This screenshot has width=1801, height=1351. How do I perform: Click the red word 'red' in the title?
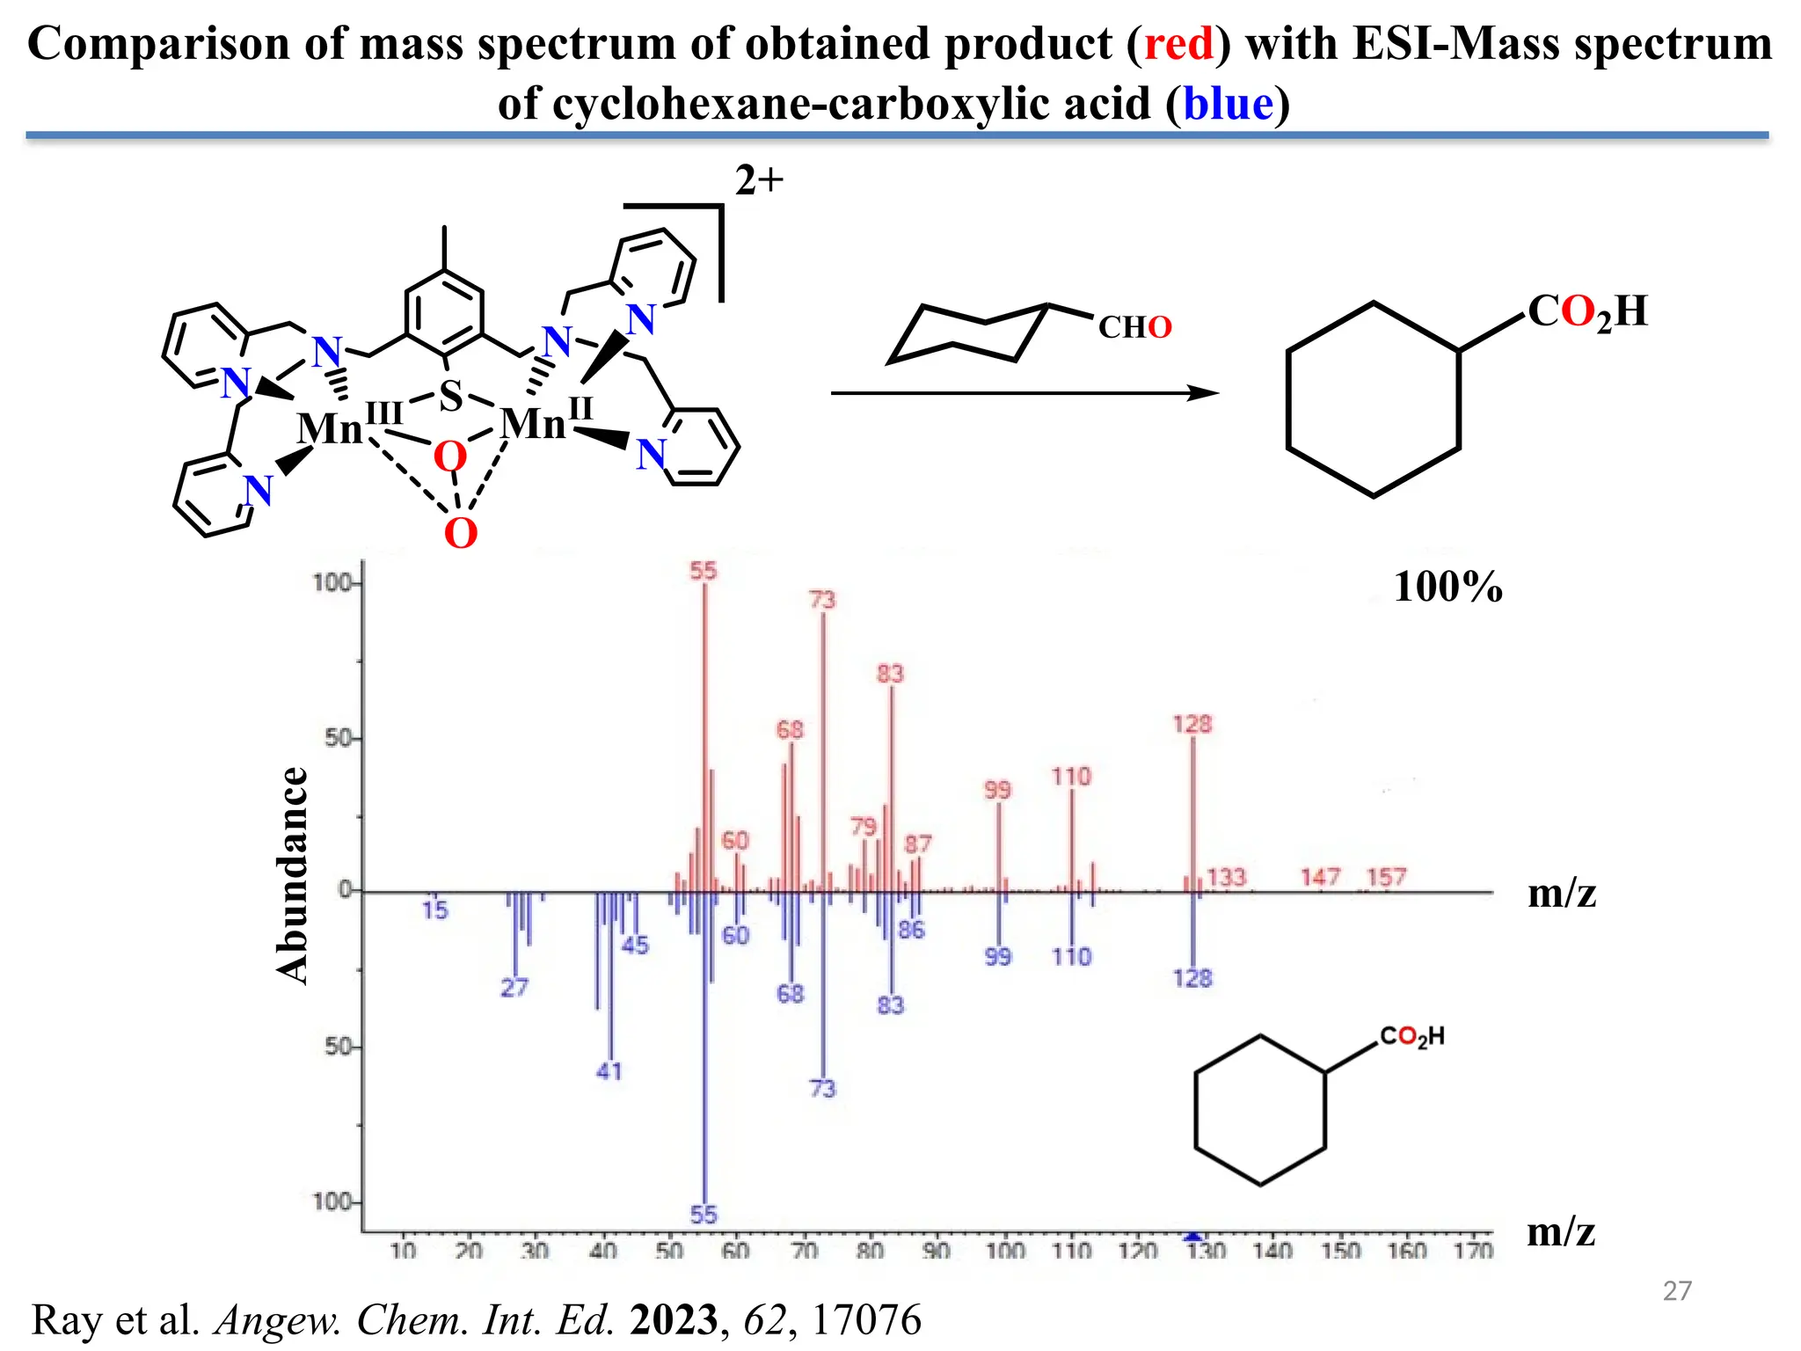[1178, 44]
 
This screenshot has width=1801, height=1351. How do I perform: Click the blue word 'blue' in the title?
[1228, 104]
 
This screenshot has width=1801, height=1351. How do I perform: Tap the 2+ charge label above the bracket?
[759, 180]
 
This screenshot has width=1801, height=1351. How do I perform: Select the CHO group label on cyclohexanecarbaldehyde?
[1134, 327]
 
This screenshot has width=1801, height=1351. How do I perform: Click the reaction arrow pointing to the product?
[1024, 393]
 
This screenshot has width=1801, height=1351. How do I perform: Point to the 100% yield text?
[1447, 587]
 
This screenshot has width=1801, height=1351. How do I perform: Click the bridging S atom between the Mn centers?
[450, 396]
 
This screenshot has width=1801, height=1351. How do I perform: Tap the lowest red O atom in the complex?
[460, 533]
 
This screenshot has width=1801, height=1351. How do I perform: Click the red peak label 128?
[1192, 724]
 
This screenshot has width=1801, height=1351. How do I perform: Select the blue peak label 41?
[609, 1070]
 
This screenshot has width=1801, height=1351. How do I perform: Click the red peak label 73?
[821, 600]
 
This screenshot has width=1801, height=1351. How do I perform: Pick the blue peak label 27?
[514, 987]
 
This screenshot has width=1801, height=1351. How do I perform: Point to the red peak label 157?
[1386, 876]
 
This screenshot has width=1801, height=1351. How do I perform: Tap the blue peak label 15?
[434, 910]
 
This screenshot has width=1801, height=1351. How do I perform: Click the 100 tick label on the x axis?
[1004, 1250]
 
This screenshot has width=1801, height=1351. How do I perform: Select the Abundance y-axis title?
[293, 874]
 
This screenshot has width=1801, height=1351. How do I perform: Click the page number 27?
[1677, 1290]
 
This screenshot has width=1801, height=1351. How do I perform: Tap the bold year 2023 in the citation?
[673, 1320]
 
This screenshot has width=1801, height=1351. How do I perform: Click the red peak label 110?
[1070, 776]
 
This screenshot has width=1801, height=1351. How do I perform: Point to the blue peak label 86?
[911, 930]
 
